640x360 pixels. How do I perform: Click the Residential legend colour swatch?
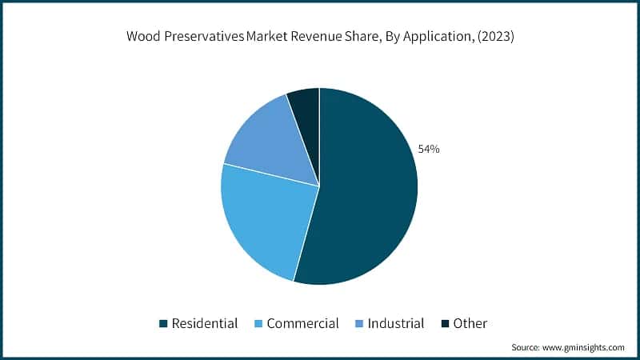click(x=163, y=324)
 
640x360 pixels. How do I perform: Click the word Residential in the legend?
click(x=206, y=324)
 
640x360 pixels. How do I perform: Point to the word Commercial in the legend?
click(x=302, y=324)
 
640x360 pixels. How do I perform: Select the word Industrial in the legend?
click(x=396, y=324)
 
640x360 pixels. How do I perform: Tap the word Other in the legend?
click(x=470, y=324)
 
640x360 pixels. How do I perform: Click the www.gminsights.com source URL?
click(x=584, y=348)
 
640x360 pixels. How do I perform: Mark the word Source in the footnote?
click(x=526, y=348)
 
